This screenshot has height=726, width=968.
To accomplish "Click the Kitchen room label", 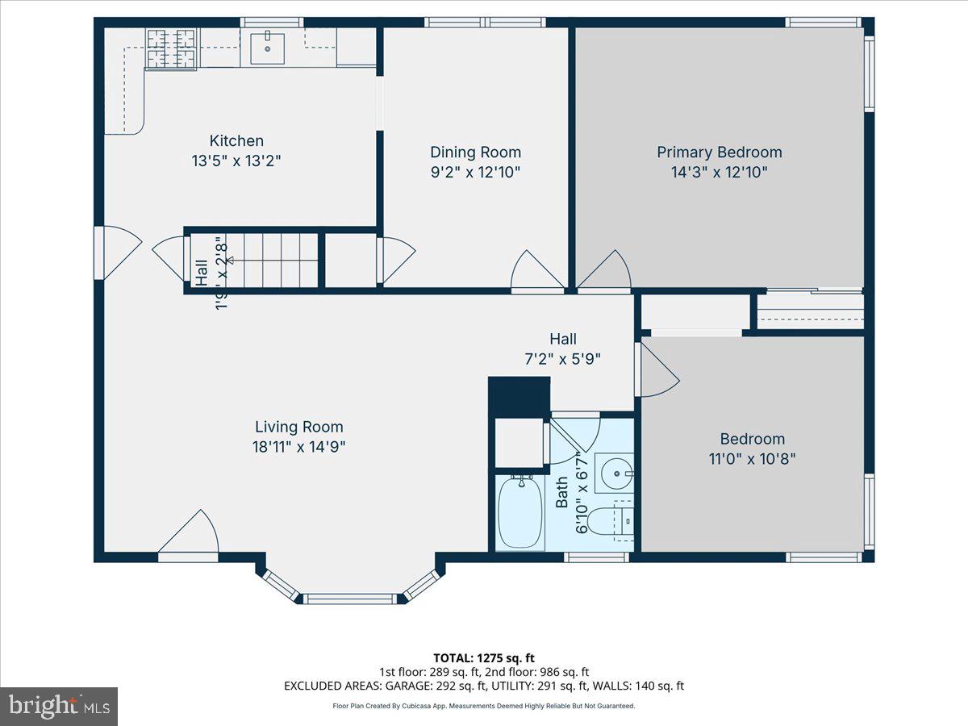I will tap(236, 140).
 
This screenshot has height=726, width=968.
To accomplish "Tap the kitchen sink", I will tap(267, 48).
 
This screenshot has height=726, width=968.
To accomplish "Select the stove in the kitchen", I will tap(171, 48).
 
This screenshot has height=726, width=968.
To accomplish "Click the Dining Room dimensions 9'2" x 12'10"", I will tap(475, 172).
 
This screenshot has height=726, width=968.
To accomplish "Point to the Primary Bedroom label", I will tap(719, 152).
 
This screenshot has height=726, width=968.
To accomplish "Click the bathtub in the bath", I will tap(519, 512).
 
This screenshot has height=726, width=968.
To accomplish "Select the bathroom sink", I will tap(614, 473).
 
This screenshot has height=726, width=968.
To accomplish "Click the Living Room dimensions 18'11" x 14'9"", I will tap(299, 447).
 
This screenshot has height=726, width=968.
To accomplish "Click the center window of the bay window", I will tap(350, 599).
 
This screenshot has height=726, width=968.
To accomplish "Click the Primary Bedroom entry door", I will tap(605, 273).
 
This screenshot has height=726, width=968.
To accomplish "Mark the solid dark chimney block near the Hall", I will tap(519, 396).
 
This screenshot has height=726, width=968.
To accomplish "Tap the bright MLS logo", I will tap(59, 707).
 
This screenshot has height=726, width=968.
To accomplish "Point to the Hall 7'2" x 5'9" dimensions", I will tap(562, 360).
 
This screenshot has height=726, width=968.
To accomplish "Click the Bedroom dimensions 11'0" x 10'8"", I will tap(752, 459).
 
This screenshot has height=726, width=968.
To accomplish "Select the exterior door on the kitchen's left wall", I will tap(115, 252).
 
